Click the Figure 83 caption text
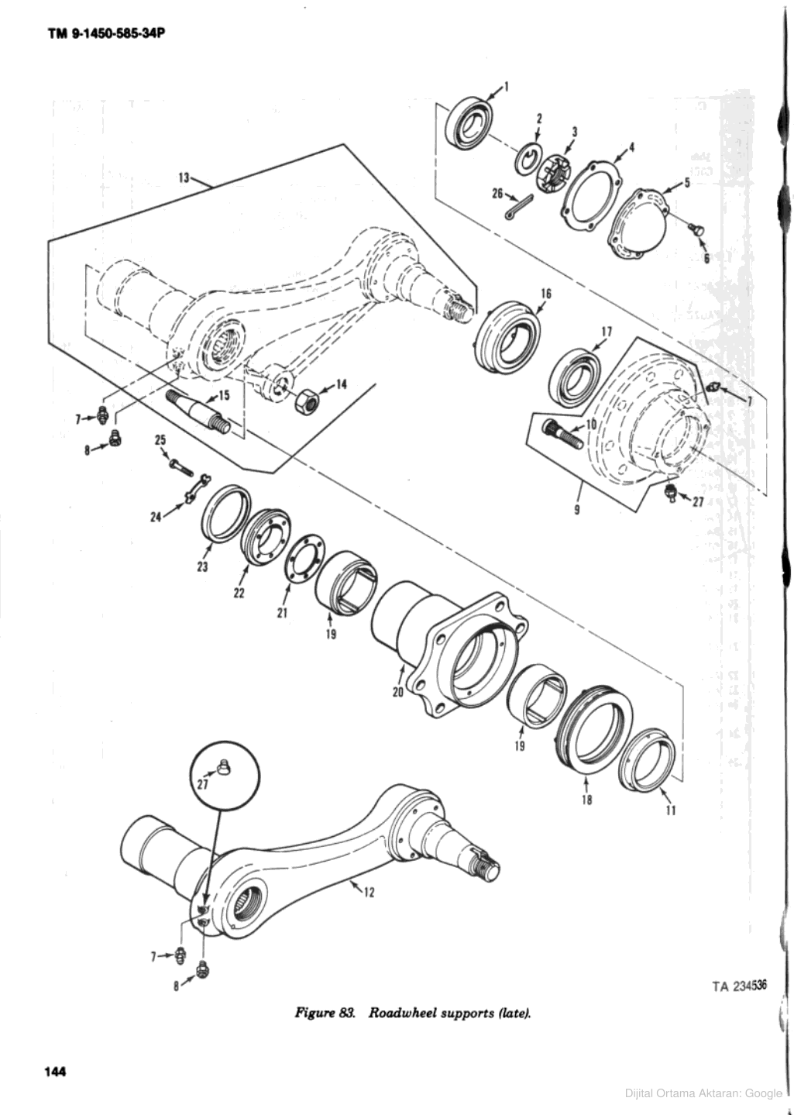click(412, 1013)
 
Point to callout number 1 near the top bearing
click(507, 86)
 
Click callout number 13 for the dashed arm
click(184, 177)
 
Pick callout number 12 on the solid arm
click(370, 892)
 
